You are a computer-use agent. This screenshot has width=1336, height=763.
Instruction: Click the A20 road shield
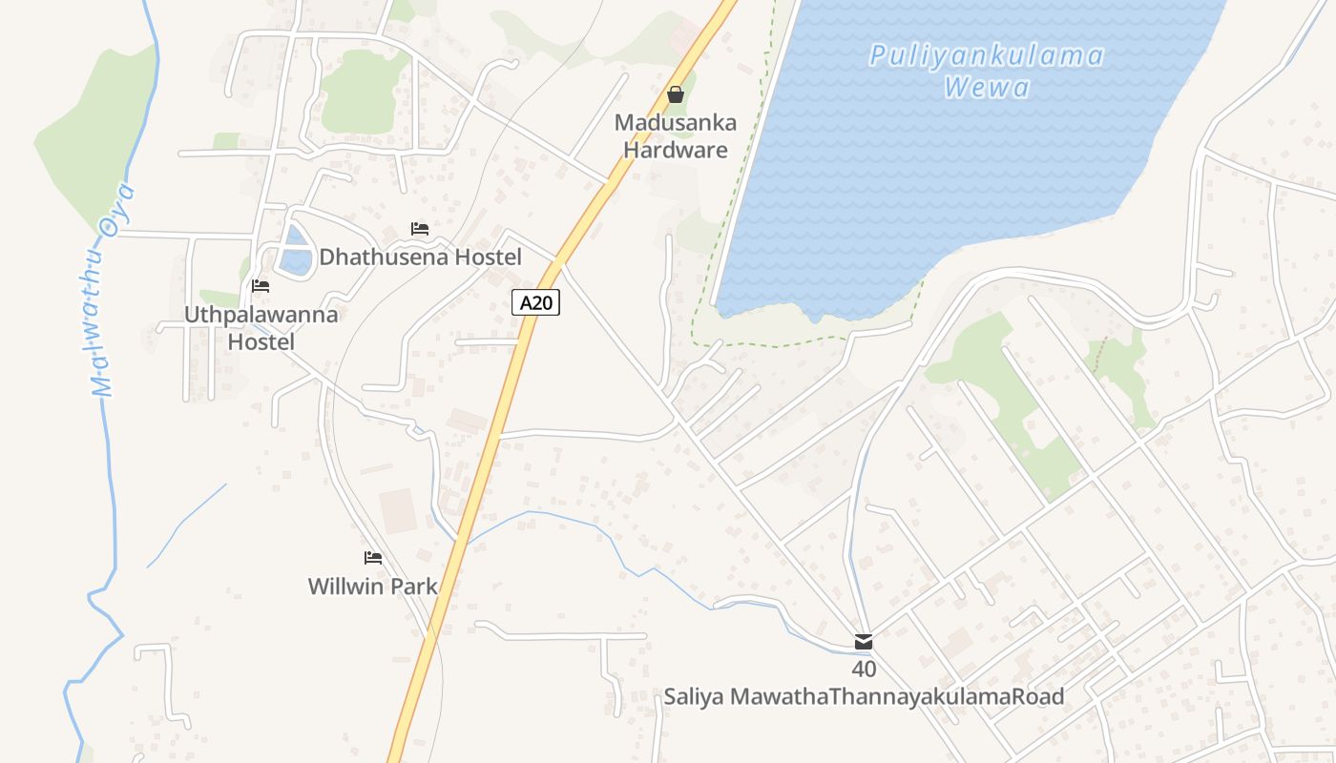tap(535, 303)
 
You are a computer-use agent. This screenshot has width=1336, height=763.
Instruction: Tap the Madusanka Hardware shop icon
tap(676, 94)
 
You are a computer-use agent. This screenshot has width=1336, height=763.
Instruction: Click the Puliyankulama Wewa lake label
tap(987, 72)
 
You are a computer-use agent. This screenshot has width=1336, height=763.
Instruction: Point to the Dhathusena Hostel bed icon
tap(420, 229)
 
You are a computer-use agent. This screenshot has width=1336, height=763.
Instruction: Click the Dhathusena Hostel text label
tap(420, 258)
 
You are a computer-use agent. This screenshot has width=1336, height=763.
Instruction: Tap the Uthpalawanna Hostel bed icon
tap(261, 286)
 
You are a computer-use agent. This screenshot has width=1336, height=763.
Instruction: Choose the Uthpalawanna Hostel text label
tap(261, 328)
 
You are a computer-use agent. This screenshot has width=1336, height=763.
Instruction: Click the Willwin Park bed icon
tap(373, 558)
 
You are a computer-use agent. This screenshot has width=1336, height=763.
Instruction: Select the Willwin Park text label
tap(373, 587)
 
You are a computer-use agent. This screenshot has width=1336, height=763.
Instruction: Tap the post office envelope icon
tap(864, 642)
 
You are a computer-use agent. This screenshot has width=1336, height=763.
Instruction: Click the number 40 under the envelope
tap(864, 670)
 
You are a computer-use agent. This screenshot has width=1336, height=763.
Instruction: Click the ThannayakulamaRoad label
tap(947, 697)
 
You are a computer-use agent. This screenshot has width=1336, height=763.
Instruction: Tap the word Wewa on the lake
tap(987, 89)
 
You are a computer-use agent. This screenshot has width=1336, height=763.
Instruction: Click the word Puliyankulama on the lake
tap(987, 55)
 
